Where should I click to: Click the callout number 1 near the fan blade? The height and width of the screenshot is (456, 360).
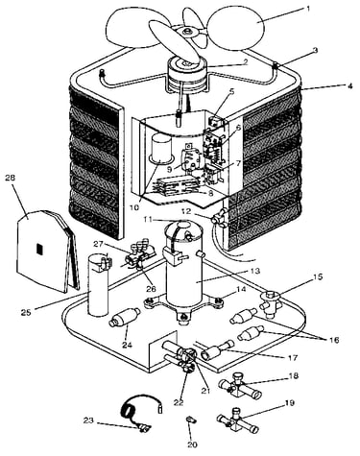tap(308, 9)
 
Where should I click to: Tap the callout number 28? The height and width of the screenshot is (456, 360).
tap(11, 178)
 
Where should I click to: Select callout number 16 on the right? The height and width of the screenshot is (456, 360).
tap(334, 340)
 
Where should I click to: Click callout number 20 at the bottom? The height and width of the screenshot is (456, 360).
tap(192, 444)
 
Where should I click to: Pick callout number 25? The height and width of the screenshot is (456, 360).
tap(26, 312)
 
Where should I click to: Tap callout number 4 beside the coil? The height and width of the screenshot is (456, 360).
tap(350, 86)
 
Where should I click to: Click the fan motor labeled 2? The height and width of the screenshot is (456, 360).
tap(187, 74)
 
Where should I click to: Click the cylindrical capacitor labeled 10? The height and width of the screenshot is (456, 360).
tap(162, 148)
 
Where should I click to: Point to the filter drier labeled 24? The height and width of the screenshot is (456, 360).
tap(125, 317)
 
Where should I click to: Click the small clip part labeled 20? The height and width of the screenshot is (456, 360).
tap(191, 420)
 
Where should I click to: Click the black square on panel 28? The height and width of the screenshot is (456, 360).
tap(39, 249)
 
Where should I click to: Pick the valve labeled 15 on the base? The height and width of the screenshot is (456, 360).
tap(271, 303)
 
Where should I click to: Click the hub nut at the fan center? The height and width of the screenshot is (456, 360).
tap(187, 31)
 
